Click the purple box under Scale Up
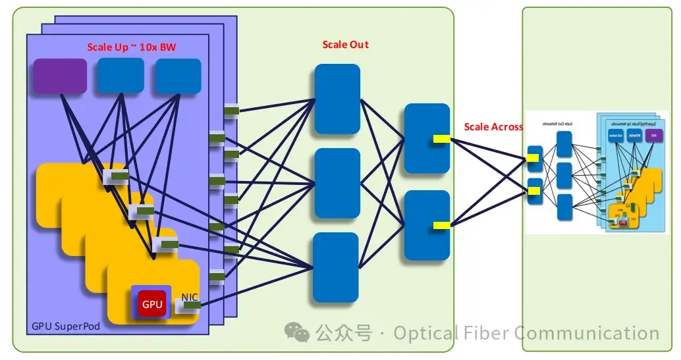tap(60, 76)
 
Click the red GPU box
tap(151, 303)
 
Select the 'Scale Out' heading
tap(345, 45)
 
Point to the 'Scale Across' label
tap(493, 126)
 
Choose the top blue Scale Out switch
tap(337, 99)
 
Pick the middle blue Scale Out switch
tap(337, 183)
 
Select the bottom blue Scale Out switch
tap(335, 267)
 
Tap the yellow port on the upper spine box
tap(441, 138)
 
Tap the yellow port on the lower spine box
tap(441, 225)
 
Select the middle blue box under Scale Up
tap(121, 75)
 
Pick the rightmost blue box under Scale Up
tap(178, 76)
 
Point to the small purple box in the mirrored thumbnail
tap(653, 136)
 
